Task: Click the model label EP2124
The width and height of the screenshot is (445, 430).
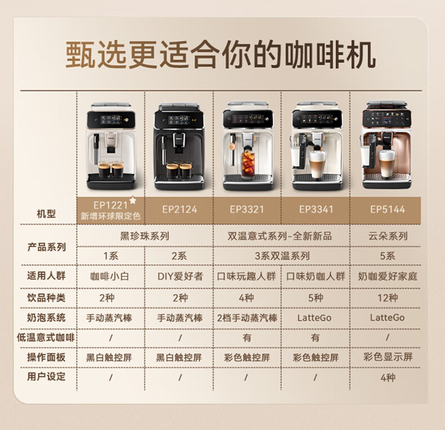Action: click(179, 210)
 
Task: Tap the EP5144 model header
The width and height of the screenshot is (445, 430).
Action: click(388, 210)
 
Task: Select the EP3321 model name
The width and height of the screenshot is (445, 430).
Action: click(247, 210)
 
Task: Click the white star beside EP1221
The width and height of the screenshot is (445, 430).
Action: click(132, 201)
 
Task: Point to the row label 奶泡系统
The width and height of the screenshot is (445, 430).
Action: click(46, 317)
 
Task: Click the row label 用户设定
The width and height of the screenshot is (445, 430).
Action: click(46, 376)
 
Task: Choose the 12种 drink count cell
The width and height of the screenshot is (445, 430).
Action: click(388, 298)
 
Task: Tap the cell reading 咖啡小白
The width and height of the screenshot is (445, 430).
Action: click(110, 276)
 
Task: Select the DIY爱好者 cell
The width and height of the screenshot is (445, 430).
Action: click(180, 276)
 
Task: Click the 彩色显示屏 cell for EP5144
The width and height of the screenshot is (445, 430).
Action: click(388, 357)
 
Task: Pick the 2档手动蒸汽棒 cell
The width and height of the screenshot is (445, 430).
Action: click(247, 318)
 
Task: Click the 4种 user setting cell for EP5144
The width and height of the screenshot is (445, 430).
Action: click(388, 378)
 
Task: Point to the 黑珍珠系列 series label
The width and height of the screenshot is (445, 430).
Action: click(144, 236)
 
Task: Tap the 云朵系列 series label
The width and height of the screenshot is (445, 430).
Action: click(388, 236)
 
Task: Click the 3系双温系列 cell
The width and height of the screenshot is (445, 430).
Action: click(282, 256)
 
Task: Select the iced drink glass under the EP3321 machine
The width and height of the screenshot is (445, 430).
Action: click(248, 164)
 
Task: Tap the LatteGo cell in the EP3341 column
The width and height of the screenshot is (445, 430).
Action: click(314, 318)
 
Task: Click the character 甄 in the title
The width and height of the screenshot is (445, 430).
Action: click(80, 55)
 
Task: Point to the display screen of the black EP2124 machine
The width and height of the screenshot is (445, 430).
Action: click(178, 120)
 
